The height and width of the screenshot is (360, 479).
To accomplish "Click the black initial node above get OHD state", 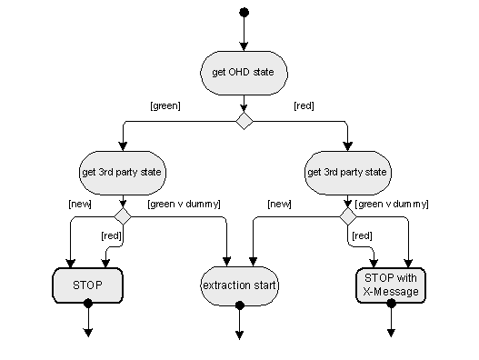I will tap(243, 12).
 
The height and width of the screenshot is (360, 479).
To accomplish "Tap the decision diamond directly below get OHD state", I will tap(243, 121).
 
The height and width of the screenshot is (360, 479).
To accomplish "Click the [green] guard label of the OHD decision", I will tap(165, 106).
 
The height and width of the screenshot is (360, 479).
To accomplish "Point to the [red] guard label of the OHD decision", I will tap(304, 106).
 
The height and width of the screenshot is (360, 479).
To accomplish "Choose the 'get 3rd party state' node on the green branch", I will tap(122, 171).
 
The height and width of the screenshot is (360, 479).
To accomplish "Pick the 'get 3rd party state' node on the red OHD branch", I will tap(347, 171).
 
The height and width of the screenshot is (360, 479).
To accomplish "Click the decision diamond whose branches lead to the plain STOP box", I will tap(122, 215).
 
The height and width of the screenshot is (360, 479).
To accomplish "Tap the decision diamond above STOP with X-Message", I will tap(347, 215).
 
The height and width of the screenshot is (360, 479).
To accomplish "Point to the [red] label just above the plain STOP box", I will tap(109, 235).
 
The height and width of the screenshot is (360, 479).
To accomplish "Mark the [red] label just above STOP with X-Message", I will tap(361, 235).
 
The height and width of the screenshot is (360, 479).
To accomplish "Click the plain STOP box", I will tap(87, 285).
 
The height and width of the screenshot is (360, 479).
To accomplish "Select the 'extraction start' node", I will tap(240, 285).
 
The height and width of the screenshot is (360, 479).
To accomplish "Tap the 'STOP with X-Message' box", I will tap(391, 285).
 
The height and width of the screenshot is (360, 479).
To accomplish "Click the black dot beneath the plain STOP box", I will tap(88, 305).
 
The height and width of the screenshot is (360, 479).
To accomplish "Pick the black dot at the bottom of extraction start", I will tap(240, 305).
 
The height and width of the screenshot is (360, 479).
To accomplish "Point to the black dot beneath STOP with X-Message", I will tap(392, 305).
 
